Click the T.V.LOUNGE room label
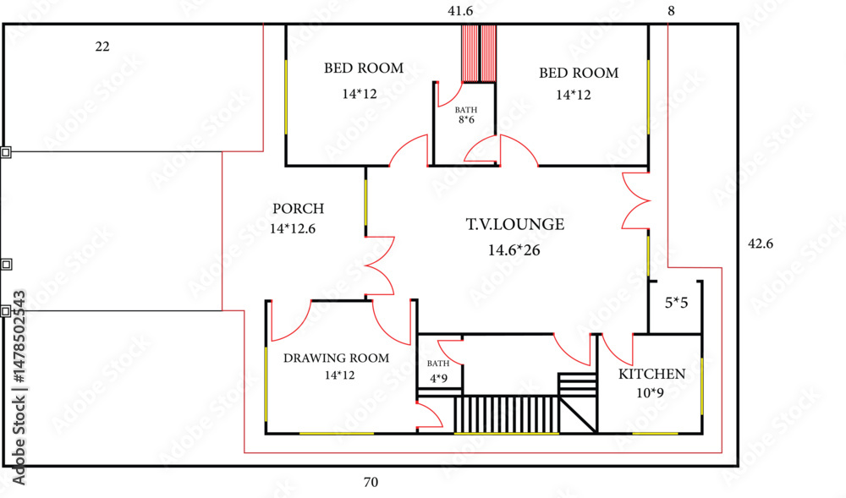(515, 224)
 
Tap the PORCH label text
(299, 209)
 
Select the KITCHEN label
(651, 374)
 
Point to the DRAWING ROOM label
(336, 358)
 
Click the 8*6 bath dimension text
(467, 120)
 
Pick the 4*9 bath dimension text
(438, 378)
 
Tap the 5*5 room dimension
(677, 303)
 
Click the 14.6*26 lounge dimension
(514, 250)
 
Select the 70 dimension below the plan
(371, 482)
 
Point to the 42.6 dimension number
(761, 244)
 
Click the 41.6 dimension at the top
(460, 11)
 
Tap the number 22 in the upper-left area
(102, 47)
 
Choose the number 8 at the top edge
(671, 11)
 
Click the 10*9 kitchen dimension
(650, 393)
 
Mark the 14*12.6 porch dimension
(293, 228)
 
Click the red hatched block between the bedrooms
(479, 53)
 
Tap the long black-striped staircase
(506, 414)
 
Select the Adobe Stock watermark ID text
(19, 387)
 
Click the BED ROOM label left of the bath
(364, 68)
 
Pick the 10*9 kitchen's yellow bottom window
(655, 434)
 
